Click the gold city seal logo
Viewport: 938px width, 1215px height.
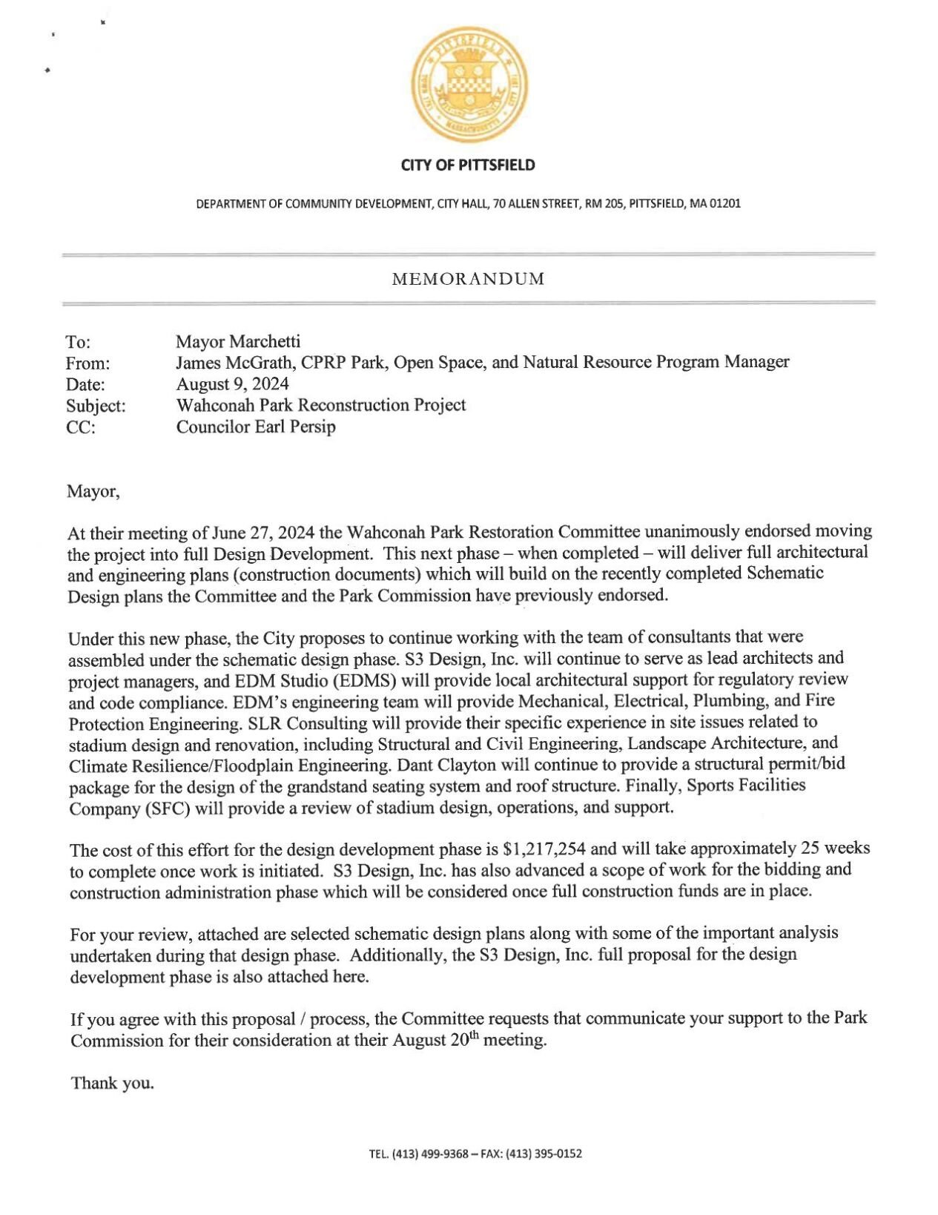pos(469,85)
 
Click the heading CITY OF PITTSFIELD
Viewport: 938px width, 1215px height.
pos(468,165)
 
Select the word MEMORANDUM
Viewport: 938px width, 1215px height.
pos(468,279)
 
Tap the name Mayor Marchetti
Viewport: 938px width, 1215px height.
pos(238,341)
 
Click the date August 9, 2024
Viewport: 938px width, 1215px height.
pos(232,384)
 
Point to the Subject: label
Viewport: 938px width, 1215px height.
pos(96,406)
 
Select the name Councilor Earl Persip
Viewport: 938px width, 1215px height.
pos(256,427)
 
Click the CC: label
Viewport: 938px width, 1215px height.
pos(81,428)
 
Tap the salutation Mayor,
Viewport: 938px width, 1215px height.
pos(93,492)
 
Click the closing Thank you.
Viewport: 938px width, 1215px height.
pos(113,1083)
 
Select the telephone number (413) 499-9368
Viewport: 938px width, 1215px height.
pos(429,1153)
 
